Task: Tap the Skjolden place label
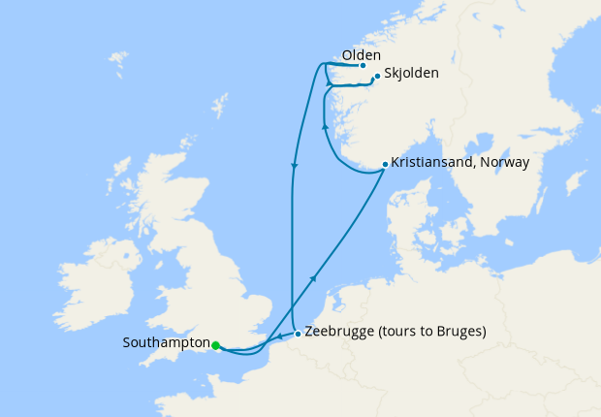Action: coord(411,73)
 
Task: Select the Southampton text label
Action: coord(167,343)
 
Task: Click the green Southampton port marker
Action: coord(215,344)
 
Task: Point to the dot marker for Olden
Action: coord(363,66)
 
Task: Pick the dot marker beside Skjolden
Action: coord(377,75)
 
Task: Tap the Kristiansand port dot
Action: coord(385,164)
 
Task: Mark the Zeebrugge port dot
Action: coord(297,334)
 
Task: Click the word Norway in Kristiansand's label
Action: coord(506,162)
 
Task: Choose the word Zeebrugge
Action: coord(336,331)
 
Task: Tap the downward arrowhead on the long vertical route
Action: coord(293,166)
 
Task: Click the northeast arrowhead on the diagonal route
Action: coord(312,278)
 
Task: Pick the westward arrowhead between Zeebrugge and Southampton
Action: coord(278,338)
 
